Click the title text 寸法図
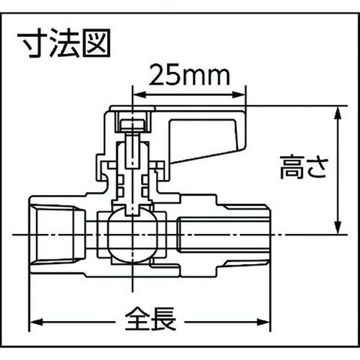pos(64,43)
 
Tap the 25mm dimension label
pos(189,75)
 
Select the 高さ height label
pos(304,166)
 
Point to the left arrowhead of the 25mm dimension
pos(139,95)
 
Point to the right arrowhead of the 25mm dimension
pos(239,95)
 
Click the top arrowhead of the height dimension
pos(337,113)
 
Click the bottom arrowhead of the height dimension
pos(337,227)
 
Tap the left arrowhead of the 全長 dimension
pos(37,322)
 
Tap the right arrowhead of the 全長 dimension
pos(264,322)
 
